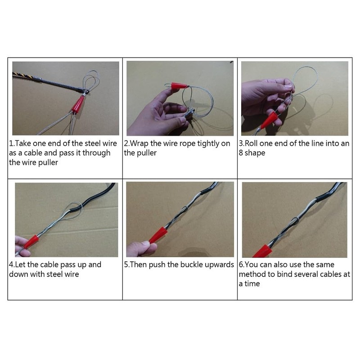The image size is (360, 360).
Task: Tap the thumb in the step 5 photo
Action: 137,247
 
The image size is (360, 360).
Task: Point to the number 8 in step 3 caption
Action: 241,153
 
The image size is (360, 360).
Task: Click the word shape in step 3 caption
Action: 256,153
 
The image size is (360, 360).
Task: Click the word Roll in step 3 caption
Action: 253,144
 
